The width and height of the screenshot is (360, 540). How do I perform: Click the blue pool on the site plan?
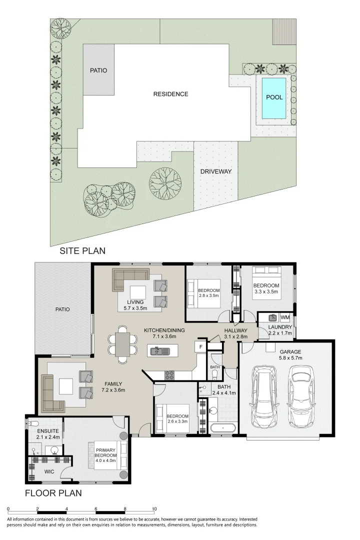point(274,97)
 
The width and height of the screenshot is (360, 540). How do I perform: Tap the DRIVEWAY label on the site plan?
point(216,171)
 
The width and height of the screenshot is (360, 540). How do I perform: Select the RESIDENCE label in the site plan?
point(171,94)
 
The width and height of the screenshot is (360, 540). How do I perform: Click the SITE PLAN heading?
point(82,250)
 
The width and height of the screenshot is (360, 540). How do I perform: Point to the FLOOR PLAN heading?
point(53,493)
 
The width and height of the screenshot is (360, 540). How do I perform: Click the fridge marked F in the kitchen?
point(200,347)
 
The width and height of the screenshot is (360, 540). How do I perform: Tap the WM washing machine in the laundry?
point(285,317)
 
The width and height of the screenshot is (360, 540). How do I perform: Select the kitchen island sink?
point(160,351)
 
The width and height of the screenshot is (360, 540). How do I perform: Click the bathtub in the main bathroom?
point(223,428)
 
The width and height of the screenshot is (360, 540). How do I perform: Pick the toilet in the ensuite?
point(32,423)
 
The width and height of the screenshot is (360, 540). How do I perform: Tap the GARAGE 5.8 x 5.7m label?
point(290,354)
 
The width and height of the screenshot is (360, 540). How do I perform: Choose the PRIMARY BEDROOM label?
point(106,455)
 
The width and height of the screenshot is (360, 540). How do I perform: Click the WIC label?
point(49,472)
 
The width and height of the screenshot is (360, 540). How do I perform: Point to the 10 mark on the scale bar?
point(154,509)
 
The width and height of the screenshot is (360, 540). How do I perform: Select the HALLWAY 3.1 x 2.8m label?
point(235,333)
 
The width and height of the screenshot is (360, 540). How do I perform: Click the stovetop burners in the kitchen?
point(169,374)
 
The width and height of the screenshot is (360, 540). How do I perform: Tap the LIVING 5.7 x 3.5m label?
point(135,305)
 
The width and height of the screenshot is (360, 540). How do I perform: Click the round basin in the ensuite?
point(54,450)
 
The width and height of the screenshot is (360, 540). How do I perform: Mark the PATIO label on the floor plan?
point(62,309)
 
